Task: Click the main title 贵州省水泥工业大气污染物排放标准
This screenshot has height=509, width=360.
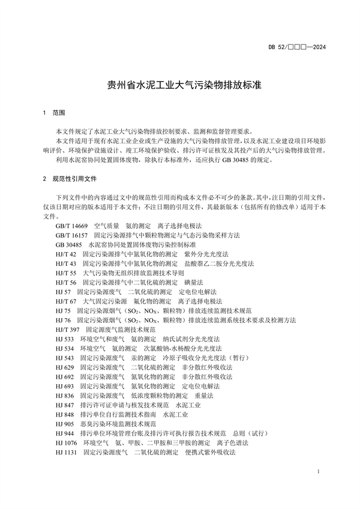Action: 179,86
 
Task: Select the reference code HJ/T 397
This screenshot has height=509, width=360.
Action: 67,330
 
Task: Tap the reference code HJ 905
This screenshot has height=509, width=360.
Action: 64,423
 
